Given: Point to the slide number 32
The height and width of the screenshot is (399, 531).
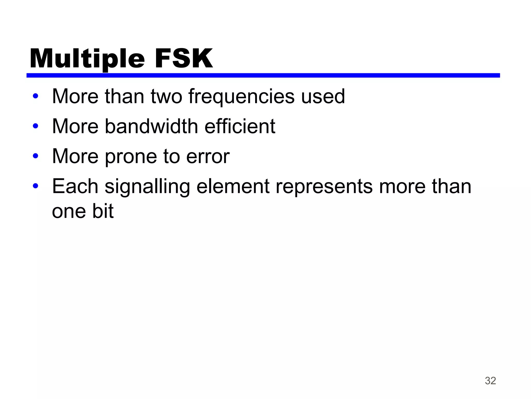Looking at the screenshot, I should pos(490,381).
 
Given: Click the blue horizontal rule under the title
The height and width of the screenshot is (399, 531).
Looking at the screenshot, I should pos(263,75).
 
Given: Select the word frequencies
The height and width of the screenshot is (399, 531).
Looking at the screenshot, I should pos(241,97).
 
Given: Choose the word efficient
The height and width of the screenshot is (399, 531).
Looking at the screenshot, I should pos(240,126).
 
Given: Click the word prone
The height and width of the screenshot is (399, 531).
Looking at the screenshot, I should pos(131,157).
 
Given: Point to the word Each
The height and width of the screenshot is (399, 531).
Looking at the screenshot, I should pos(75,186).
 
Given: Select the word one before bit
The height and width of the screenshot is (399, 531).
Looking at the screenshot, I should pos(69,211).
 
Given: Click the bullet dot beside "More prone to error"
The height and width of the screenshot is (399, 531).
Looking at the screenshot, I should pos(36,156).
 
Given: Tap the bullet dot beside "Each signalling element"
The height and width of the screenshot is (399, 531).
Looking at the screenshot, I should pos(36,186).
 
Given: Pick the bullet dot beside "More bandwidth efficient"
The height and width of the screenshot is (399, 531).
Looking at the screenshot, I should pos(36,126).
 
